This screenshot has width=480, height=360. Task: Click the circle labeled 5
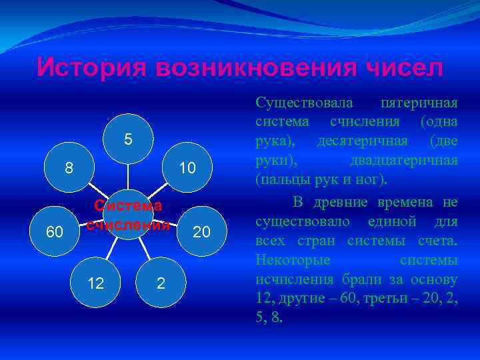128,139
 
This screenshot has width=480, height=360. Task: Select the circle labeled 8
69,167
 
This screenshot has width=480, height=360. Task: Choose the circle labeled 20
201,231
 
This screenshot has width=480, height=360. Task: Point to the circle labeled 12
96,283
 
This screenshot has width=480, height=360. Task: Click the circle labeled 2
161,283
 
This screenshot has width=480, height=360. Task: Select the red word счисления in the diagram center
128,223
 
